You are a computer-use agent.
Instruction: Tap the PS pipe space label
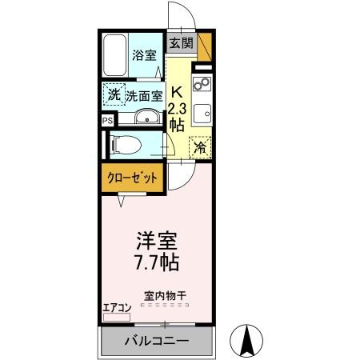(106, 121)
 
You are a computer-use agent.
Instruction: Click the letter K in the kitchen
(177, 90)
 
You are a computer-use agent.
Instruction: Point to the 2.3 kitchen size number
(178, 108)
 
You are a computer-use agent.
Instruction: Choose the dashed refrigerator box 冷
(201, 147)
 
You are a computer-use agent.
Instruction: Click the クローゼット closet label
(128, 178)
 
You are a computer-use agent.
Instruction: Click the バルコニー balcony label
(157, 342)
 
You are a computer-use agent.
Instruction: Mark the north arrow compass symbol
(248, 342)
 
